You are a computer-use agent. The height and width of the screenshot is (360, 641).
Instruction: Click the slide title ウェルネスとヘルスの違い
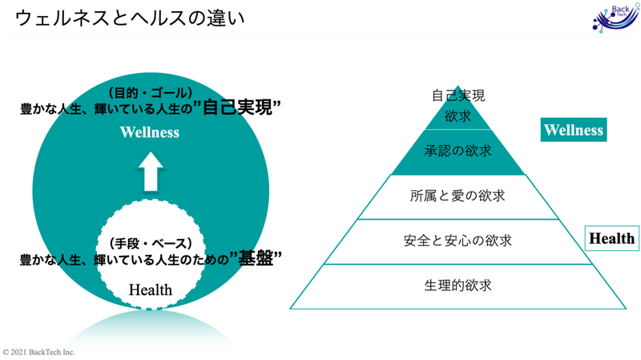(130, 18)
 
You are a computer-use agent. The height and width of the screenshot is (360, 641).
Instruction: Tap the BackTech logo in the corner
(615, 18)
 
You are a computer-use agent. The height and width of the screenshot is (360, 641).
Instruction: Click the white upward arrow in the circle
(151, 172)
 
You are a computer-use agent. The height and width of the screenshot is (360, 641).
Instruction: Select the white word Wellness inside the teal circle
(150, 132)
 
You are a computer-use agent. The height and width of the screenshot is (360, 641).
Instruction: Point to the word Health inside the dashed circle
(151, 289)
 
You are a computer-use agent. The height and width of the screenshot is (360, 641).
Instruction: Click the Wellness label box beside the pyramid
(574, 130)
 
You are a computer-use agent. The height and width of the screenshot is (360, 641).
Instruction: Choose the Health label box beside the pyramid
(612, 238)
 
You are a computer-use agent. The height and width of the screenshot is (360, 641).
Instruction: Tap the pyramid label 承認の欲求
(458, 151)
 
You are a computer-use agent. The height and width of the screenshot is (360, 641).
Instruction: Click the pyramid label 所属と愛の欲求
(458, 196)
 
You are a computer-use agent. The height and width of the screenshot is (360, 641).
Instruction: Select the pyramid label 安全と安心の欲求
(458, 241)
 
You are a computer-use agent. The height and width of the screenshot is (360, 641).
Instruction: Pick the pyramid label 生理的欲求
(458, 285)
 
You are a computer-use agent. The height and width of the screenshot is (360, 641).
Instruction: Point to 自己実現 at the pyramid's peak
(458, 95)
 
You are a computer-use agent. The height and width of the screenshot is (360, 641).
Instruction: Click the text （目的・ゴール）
(151, 93)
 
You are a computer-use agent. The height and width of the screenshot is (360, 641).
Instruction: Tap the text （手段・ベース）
(151, 244)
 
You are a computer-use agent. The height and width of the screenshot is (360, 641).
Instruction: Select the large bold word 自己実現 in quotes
(237, 107)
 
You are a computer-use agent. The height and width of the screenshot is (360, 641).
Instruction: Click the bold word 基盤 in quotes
(256, 257)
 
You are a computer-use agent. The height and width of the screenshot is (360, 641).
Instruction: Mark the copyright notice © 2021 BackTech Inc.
(38, 352)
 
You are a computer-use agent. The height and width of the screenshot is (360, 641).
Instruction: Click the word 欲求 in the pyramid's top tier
(458, 116)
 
